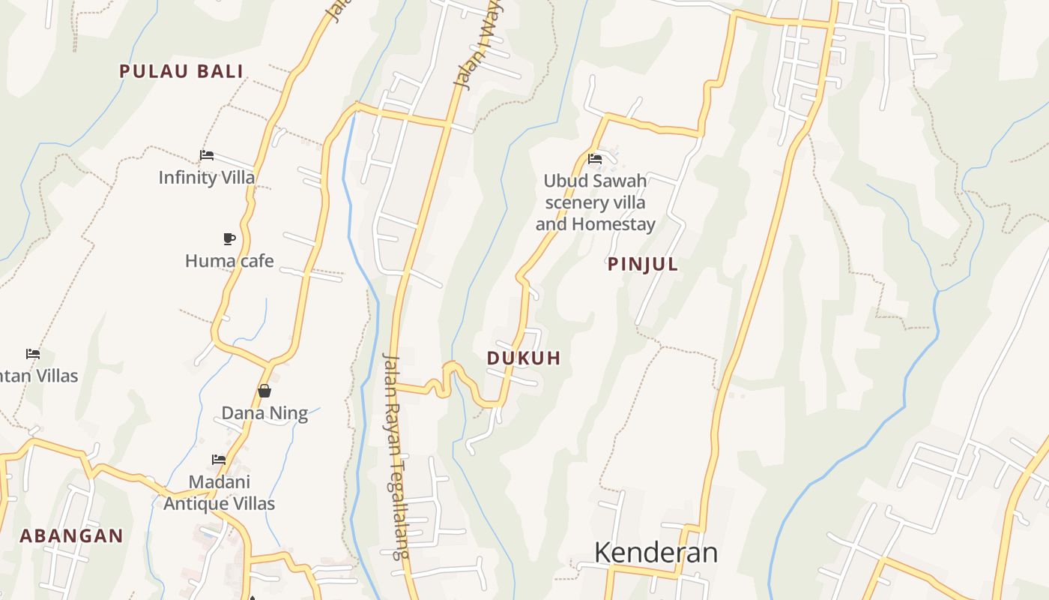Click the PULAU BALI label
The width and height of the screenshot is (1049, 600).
click(181, 71)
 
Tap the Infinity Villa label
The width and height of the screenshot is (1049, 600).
click(207, 178)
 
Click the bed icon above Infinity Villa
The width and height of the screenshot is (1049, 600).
click(207, 155)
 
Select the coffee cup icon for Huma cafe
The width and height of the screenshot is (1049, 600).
click(229, 238)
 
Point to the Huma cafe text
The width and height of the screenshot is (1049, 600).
click(229, 261)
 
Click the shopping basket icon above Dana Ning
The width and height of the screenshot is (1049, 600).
click(264, 391)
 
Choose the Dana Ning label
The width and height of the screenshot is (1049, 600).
click(264, 413)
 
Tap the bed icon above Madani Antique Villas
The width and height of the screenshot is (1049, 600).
click(219, 459)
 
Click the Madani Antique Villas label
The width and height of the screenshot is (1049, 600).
click(220, 493)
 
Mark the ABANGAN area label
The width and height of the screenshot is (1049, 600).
click(71, 535)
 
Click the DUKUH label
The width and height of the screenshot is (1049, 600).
click(524, 358)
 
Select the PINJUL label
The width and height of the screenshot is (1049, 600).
click(643, 264)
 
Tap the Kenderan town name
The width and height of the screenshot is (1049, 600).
click(656, 553)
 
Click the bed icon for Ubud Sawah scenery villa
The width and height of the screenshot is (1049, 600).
click(595, 159)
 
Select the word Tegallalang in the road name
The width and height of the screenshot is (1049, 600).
click(399, 498)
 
